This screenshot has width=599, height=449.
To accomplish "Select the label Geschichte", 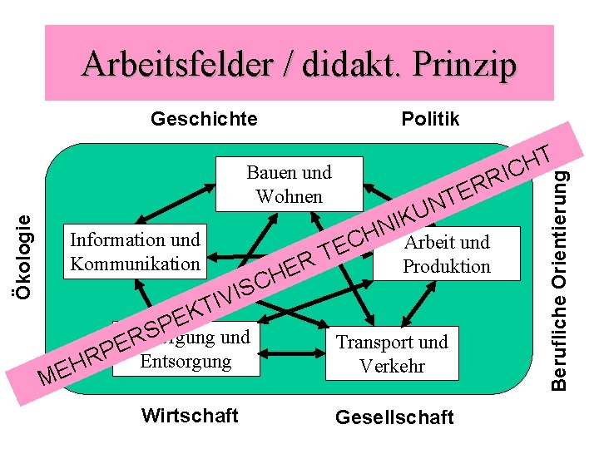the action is point(204,119).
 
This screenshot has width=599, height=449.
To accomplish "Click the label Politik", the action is point(430,119).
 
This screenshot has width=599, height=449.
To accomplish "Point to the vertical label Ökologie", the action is point(26,256).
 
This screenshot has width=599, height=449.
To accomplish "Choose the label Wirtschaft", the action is point(190,415).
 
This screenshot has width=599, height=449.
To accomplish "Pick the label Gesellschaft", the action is point(394,417).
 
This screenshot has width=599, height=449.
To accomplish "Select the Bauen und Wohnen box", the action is point(289,184).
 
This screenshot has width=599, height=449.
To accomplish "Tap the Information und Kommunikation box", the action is point(135,252).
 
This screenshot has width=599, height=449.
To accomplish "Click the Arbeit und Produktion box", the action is point(447,254).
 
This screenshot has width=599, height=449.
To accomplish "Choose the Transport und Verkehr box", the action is point(391,353).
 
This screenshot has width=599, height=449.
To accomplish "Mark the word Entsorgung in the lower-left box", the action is point(186,362).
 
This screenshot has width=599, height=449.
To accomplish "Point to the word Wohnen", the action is point(289,195).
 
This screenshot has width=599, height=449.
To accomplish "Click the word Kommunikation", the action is point(135,264).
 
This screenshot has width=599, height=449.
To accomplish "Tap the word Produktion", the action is point(447,266).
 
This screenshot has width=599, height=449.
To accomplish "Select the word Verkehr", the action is point(391,366).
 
